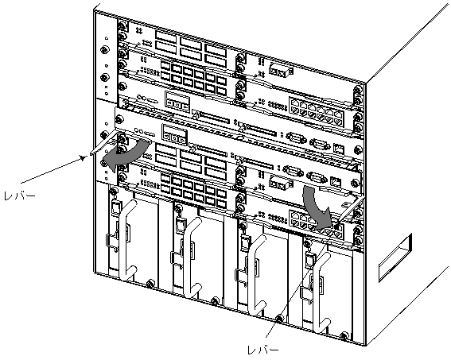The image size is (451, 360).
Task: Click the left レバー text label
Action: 20,196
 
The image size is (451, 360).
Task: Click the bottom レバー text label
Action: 263,350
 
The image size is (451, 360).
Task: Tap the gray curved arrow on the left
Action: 126,157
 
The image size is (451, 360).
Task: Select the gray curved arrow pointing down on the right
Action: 316,207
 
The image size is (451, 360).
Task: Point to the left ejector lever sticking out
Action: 103,143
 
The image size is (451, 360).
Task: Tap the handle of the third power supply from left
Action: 257,274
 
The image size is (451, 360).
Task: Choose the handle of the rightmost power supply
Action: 321,292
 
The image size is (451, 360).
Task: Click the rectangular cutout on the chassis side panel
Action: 395,257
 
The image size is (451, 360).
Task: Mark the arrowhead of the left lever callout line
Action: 84,157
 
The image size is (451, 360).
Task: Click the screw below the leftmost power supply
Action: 150,284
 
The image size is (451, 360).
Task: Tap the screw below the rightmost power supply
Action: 344,335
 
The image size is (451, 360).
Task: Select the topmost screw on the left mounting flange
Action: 104,50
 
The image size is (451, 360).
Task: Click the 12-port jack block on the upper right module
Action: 317,113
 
